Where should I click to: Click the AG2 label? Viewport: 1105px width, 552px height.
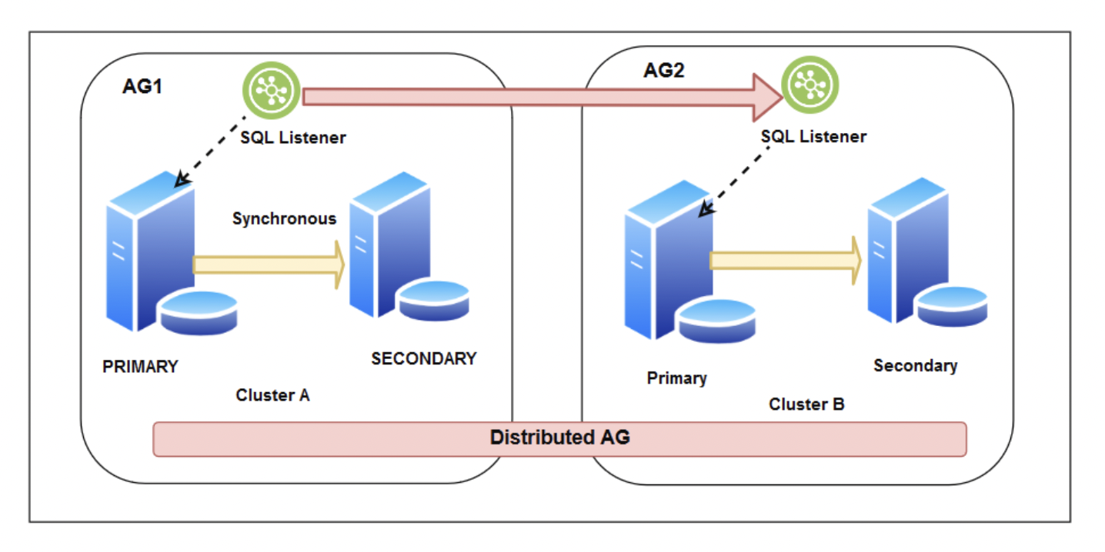click(x=663, y=71)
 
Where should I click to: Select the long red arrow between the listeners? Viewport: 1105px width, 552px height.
click(x=531, y=96)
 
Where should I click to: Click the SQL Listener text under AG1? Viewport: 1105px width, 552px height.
click(x=293, y=138)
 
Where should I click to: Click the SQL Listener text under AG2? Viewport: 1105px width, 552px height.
click(x=813, y=137)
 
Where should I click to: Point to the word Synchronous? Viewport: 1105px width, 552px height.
click(x=284, y=219)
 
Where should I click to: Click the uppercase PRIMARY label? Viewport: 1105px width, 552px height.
click(x=140, y=367)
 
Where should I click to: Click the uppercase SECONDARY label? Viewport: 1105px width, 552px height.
click(x=423, y=359)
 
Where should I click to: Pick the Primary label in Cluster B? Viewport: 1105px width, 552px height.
click(x=676, y=378)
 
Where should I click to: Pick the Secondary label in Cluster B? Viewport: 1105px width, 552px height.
click(x=915, y=366)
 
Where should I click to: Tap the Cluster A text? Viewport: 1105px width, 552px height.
click(x=272, y=396)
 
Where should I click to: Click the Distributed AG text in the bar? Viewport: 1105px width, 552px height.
click(x=559, y=438)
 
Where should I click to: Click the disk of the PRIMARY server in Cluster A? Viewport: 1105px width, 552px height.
click(x=198, y=312)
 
